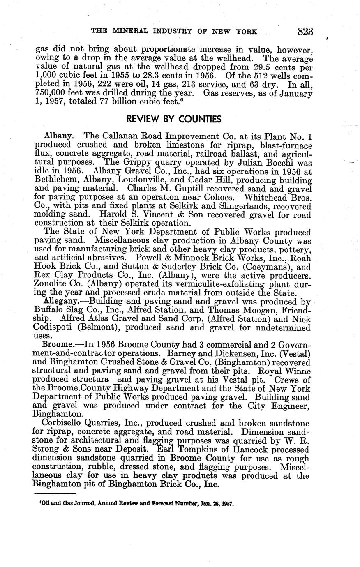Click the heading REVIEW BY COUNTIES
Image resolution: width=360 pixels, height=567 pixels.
click(173, 119)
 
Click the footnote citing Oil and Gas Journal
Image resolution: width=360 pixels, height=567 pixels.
click(134, 503)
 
